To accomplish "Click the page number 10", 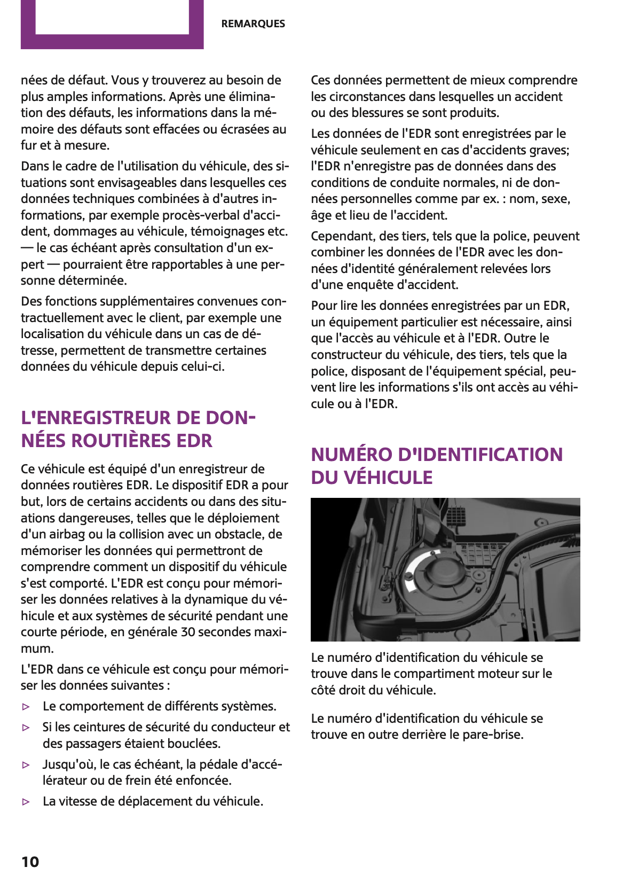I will [x=30, y=862].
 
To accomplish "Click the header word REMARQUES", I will [x=253, y=24].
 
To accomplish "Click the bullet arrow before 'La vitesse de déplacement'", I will [x=26, y=802].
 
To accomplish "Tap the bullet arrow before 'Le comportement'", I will [x=26, y=707].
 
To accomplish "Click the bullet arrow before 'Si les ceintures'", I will [x=26, y=728].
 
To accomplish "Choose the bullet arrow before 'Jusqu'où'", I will [x=26, y=765].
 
